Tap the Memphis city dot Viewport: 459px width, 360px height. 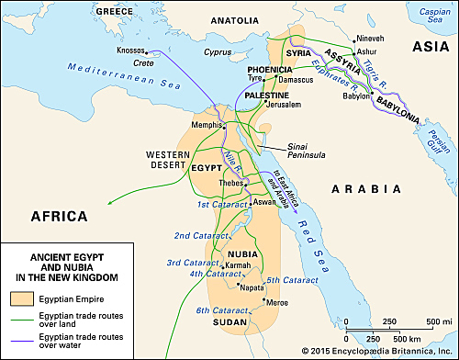pyautogui.click(x=222, y=126)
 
